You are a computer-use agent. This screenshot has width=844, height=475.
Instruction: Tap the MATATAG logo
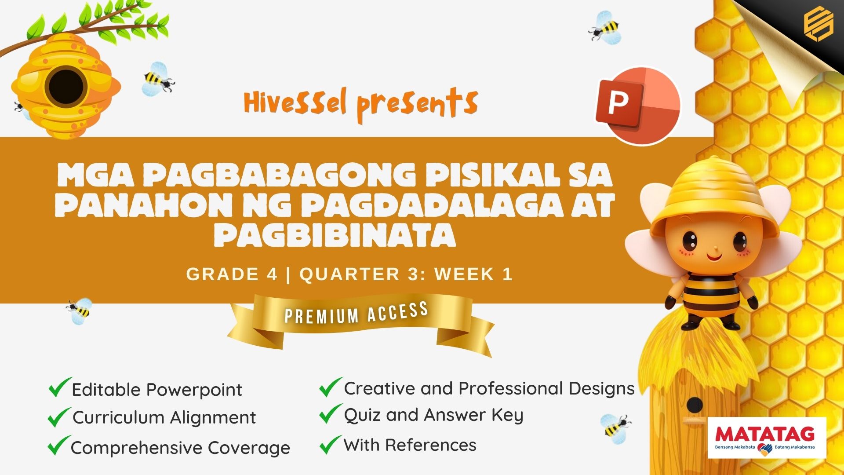(x=767, y=438)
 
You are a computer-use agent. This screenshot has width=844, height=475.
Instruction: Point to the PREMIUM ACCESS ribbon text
(x=357, y=313)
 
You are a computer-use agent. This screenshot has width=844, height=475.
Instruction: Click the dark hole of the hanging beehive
(x=66, y=86)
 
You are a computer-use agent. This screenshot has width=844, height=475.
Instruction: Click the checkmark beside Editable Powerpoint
(x=60, y=387)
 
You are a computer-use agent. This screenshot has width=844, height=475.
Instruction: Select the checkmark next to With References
(x=331, y=444)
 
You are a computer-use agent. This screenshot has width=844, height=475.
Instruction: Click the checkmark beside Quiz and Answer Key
(x=331, y=413)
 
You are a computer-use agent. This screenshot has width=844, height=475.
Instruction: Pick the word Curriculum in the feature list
(x=119, y=417)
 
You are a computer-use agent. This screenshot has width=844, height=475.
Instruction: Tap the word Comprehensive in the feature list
(x=137, y=448)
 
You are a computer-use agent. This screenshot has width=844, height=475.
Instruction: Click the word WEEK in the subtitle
(x=465, y=274)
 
